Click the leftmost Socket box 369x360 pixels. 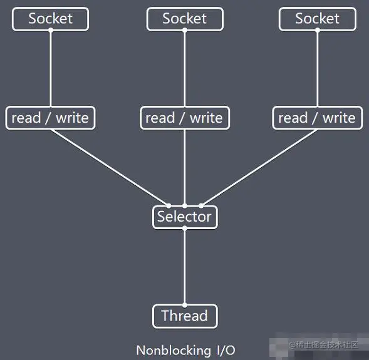click(50, 19)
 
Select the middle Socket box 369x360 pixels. click(185, 19)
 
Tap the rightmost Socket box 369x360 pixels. click(318, 19)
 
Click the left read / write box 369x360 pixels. click(50, 118)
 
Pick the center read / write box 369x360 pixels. click(185, 118)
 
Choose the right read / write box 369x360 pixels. click(318, 118)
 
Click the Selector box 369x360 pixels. click(185, 217)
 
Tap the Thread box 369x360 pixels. click(185, 316)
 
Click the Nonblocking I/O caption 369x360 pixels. click(185, 351)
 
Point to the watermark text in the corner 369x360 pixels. click(323, 345)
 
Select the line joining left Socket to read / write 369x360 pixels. click(50, 68)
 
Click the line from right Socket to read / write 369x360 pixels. click(318, 68)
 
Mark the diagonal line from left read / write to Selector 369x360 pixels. click(110, 168)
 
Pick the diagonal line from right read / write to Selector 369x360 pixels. click(259, 168)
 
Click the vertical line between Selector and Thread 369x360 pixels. click(185, 267)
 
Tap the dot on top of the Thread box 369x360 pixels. click(185, 305)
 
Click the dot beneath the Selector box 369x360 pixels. click(185, 228)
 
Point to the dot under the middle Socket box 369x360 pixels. click(185, 30)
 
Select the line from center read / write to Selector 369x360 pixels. click(185, 168)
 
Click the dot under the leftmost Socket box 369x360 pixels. click(50, 30)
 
